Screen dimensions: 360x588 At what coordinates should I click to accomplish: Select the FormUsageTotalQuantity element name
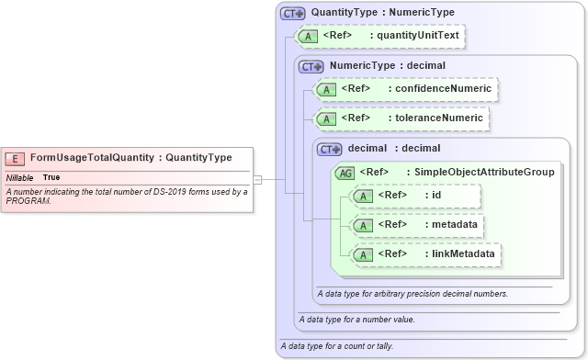click(x=92, y=158)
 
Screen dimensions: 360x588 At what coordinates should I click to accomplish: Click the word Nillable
click(x=20, y=177)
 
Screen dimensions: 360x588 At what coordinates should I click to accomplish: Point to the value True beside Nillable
click(x=51, y=177)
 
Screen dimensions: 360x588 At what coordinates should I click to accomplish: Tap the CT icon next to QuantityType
click(x=293, y=13)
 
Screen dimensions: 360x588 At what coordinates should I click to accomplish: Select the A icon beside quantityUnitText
click(x=306, y=37)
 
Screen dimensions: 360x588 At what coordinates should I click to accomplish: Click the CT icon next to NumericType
click(x=311, y=67)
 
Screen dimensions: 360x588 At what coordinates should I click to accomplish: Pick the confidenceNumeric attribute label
click(x=442, y=89)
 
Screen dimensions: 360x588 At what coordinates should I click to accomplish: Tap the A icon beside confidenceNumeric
click(x=324, y=89)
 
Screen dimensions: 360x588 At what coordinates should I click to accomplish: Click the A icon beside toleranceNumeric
click(x=324, y=118)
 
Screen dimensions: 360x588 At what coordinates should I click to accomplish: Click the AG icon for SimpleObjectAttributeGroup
click(x=345, y=172)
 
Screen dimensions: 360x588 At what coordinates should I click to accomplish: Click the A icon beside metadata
click(x=363, y=224)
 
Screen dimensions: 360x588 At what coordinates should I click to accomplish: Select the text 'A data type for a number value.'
click(x=356, y=320)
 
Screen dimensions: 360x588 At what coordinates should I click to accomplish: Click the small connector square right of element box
click(x=259, y=179)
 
